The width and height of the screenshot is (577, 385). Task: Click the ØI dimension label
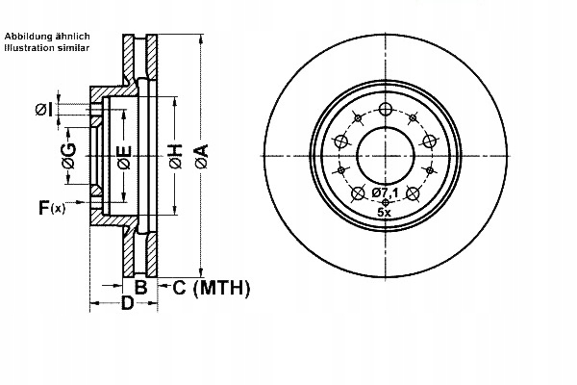pos(43,109)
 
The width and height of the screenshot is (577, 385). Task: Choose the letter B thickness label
pos(139,287)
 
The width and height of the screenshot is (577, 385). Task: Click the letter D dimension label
pos(126,305)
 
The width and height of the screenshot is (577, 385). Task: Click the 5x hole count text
pos(385,211)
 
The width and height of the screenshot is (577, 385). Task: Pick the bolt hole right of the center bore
pos(429,141)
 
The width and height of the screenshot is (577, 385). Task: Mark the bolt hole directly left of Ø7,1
pos(359,192)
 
